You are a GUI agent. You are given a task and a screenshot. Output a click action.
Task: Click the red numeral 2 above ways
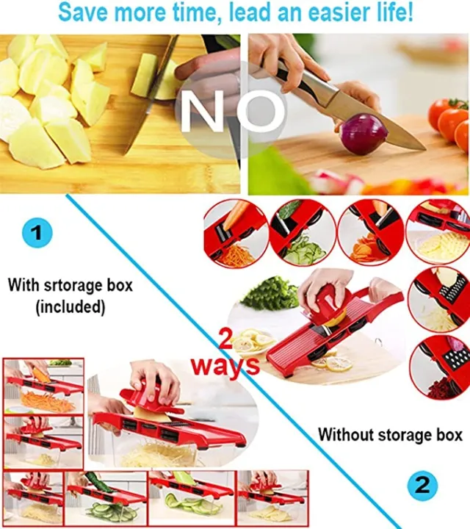pos(226,339)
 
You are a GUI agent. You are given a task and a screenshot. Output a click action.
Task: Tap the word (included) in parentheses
pos(70,306)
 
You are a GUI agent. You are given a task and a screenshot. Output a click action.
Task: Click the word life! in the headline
pos(394,12)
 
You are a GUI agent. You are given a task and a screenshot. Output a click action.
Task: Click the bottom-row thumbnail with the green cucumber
pos(106,498)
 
